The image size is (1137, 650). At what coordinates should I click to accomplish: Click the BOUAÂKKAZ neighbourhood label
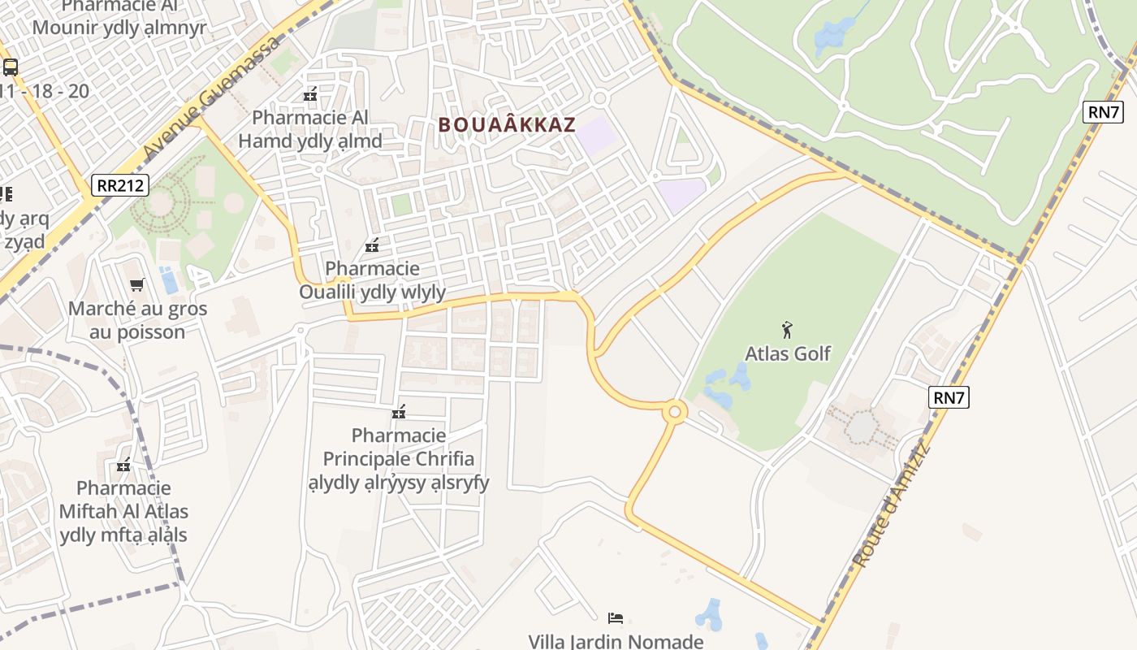[507, 125]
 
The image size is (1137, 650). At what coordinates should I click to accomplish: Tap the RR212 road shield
[119, 185]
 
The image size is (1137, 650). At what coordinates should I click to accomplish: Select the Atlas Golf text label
[788, 353]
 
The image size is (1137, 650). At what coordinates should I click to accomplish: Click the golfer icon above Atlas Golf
[786, 330]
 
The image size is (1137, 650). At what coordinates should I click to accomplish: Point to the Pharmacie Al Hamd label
[310, 129]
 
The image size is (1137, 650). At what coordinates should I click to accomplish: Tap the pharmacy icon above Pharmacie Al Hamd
[309, 94]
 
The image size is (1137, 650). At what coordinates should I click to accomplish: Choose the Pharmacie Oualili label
[373, 280]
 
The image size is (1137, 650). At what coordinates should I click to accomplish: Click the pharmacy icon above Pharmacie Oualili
[372, 245]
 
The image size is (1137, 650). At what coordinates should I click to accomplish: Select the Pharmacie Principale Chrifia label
[399, 459]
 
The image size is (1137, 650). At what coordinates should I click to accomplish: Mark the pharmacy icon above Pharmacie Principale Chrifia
[399, 412]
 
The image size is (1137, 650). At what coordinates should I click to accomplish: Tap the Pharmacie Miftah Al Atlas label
[123, 511]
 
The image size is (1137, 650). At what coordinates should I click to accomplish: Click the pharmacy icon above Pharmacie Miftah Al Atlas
[123, 466]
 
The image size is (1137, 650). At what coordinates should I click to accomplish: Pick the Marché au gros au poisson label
[137, 320]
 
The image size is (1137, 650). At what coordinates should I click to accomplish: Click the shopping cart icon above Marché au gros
[137, 285]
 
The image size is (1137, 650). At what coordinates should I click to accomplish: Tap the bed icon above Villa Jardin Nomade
[616, 618]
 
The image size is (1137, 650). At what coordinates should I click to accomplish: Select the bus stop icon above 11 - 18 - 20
[11, 67]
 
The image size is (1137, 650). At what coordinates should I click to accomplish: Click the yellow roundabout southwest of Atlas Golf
[674, 412]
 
